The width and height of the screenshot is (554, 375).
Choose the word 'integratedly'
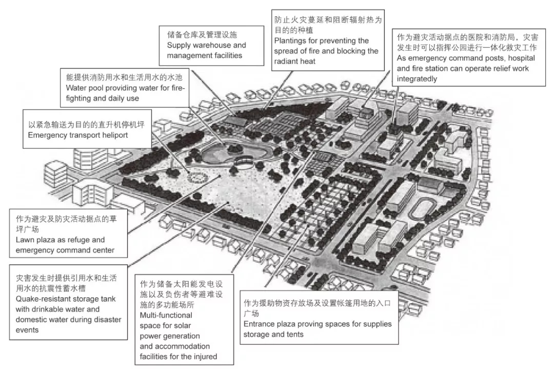pos(417,79)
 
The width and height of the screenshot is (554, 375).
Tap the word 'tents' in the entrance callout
pos(294,335)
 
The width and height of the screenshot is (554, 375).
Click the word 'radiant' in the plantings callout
pos(287,61)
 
